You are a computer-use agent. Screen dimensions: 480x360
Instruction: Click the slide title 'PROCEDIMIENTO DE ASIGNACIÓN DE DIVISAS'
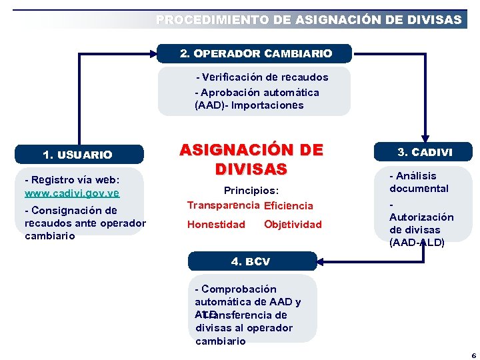point(309,20)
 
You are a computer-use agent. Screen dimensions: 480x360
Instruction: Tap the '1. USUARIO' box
point(77,155)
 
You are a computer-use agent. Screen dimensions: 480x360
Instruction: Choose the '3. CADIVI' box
point(425,152)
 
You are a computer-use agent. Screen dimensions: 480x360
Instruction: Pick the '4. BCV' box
point(251,261)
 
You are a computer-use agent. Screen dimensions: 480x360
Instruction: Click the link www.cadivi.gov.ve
point(72,193)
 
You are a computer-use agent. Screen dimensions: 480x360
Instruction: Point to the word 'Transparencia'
point(223,205)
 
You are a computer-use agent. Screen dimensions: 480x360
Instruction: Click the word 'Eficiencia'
point(289,206)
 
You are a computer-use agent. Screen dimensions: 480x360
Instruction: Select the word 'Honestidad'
point(216,225)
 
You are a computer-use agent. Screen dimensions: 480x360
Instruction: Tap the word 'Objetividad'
point(293,225)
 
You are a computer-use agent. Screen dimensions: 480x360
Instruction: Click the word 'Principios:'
point(251,191)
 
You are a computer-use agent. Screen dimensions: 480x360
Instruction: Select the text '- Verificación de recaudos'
point(262,77)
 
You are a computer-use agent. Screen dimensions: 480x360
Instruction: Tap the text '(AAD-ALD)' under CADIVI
point(417,243)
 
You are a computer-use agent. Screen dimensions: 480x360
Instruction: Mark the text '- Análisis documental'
point(419,182)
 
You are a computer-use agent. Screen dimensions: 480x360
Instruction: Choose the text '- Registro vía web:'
point(72,179)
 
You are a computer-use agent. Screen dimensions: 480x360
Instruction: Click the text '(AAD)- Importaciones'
point(249,105)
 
